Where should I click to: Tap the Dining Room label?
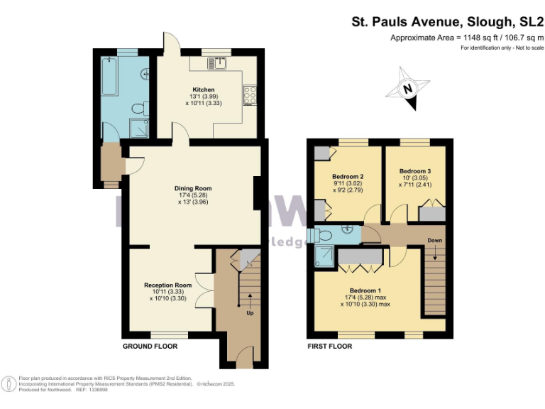193,188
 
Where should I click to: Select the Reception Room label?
168,285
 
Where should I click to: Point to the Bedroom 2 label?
348,176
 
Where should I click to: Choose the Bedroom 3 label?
414,171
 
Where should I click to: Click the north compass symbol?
407,89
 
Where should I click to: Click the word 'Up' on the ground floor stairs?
249,312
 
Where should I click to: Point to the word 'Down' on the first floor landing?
434,241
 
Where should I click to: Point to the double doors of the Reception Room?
205,289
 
